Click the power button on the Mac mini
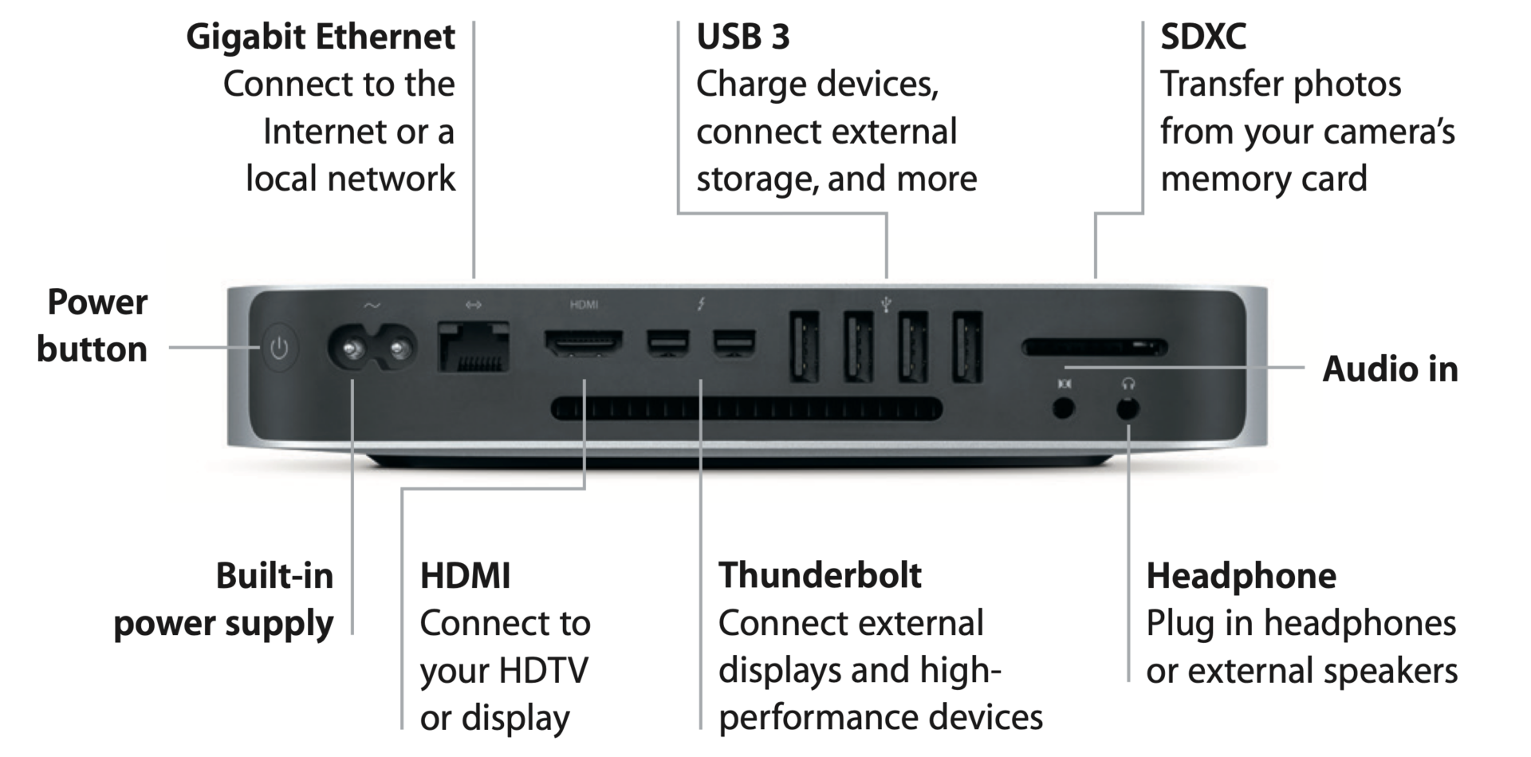click(278, 348)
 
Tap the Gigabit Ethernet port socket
click(474, 347)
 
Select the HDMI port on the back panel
click(584, 343)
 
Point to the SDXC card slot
click(1094, 347)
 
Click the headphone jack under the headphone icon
click(1127, 409)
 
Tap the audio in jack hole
click(1064, 409)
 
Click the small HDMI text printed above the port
click(584, 305)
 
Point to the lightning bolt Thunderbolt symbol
click(701, 304)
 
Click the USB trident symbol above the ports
click(886, 303)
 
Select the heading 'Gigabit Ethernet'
click(321, 37)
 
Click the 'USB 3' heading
click(742, 37)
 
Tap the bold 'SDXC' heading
click(1202, 37)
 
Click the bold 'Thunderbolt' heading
click(820, 575)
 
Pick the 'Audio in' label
click(1390, 369)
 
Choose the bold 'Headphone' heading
click(1241, 576)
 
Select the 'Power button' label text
click(94, 325)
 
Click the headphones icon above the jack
click(1128, 384)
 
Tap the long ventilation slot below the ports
click(746, 409)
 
